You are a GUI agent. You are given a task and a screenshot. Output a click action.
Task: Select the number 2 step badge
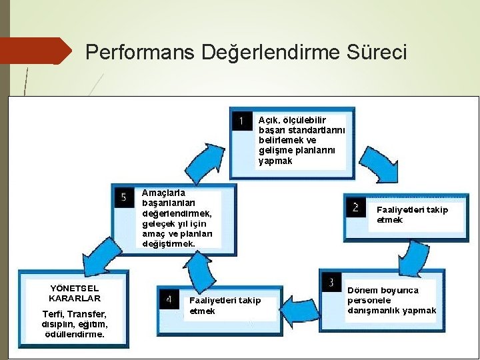click(x=355, y=207)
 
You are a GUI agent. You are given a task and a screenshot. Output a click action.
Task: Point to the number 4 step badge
click(x=169, y=299)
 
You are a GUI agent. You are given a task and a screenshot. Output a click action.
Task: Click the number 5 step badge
click(x=124, y=197)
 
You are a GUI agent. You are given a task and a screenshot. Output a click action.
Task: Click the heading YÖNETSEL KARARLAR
click(x=75, y=293)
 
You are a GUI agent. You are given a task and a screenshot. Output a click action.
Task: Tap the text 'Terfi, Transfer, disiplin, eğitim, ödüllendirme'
click(x=74, y=324)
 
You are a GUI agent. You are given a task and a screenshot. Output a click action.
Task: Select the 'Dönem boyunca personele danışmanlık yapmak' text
click(x=391, y=301)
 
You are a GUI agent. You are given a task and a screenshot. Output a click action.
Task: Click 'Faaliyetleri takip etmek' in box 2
click(x=412, y=215)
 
